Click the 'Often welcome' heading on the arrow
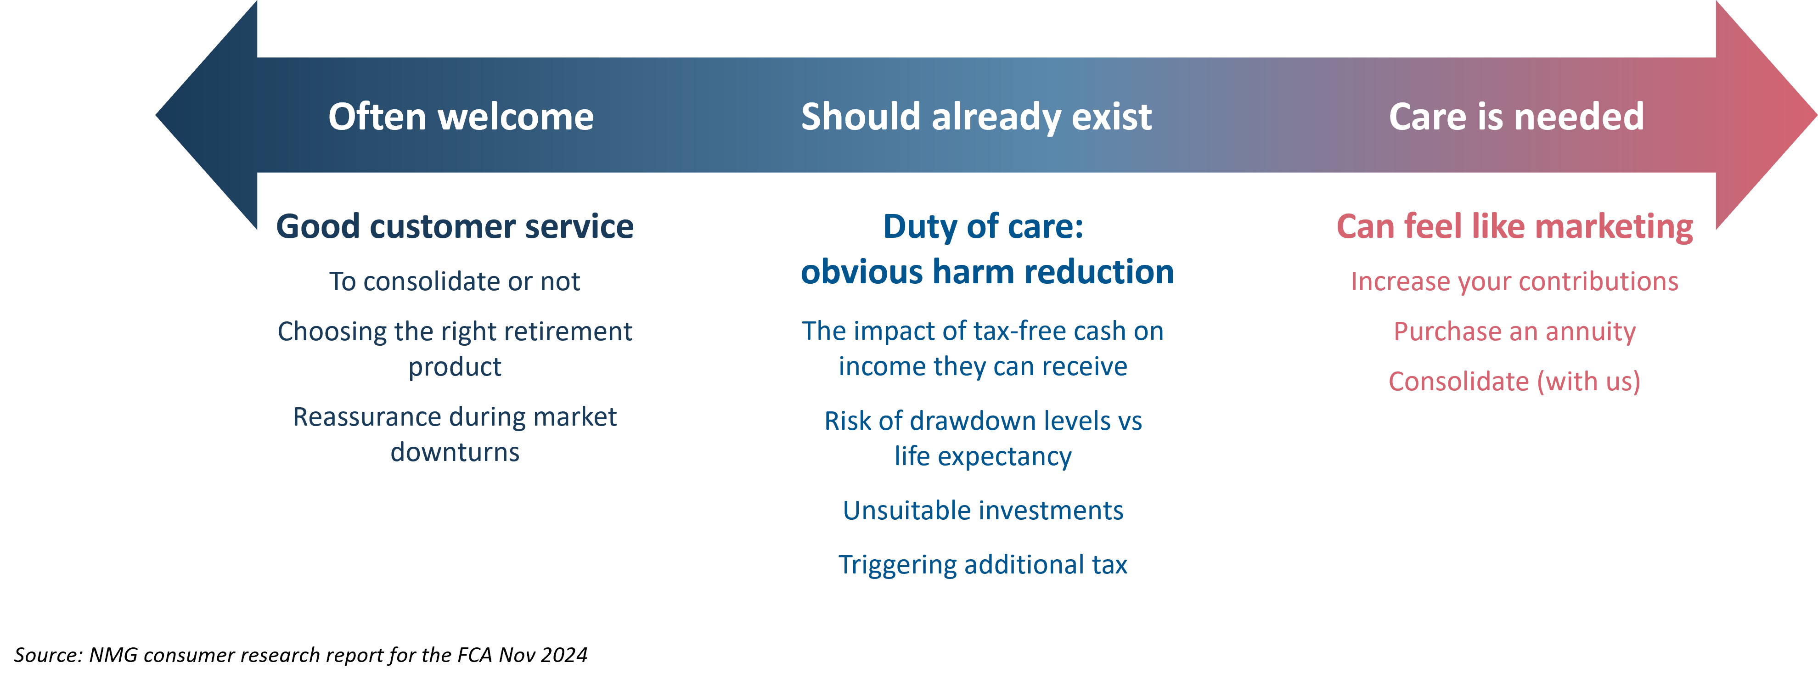pos(461,117)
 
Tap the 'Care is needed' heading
pos(1516,117)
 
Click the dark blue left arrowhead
pos(206,115)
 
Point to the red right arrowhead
pos(1767,115)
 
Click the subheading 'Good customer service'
pos(455,226)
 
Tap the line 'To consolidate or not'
pos(455,281)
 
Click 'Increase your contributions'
pos(1514,281)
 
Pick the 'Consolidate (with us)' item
pos(1514,381)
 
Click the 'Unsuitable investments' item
pos(983,510)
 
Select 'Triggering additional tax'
pos(983,565)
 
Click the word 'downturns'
pos(455,452)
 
